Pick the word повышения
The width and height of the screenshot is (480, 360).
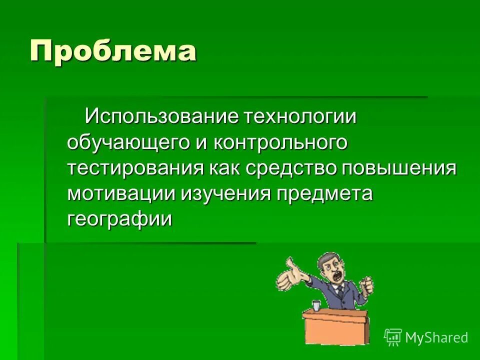pyautogui.click(x=399, y=168)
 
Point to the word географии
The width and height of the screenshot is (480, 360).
pyautogui.click(x=119, y=219)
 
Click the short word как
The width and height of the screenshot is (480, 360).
pyautogui.click(x=224, y=168)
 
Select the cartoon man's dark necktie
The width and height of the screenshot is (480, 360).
pyautogui.click(x=339, y=290)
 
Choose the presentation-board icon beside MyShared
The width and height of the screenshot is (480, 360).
pyautogui.click(x=393, y=337)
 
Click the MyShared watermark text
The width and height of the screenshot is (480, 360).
pyautogui.click(x=436, y=337)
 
